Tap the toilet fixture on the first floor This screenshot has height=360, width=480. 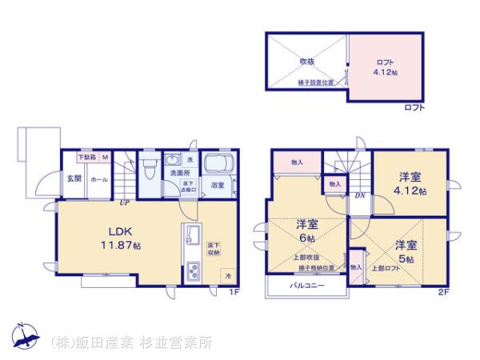click(x=150, y=170)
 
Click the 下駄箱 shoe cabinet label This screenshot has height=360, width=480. click(x=87, y=158)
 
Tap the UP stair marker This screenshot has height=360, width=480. click(x=124, y=202)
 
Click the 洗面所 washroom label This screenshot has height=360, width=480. click(x=178, y=172)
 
